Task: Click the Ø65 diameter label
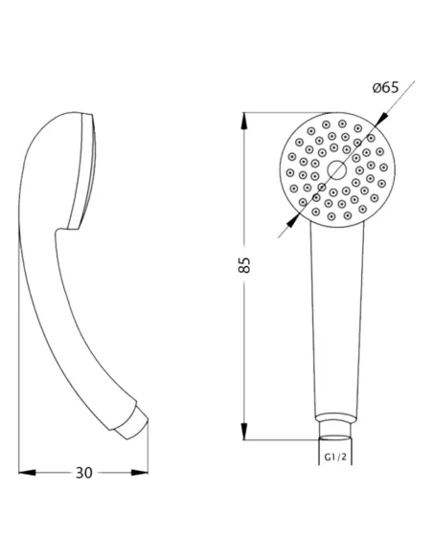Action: (385, 87)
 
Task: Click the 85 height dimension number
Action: (244, 265)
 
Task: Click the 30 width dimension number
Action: (83, 473)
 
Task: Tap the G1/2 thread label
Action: (335, 457)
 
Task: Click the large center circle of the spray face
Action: (336, 169)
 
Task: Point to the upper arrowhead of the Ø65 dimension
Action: (381, 120)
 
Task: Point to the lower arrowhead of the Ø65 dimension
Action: (292, 220)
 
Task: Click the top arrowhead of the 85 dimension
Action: (244, 122)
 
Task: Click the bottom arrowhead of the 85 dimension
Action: (244, 431)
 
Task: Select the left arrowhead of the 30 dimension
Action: (27, 473)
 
